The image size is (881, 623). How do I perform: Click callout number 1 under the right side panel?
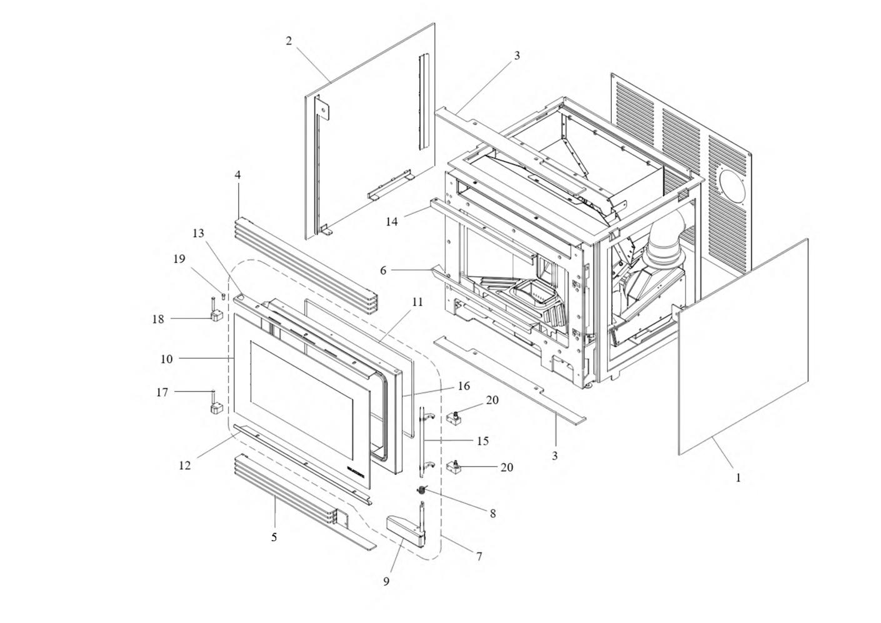[x=738, y=478]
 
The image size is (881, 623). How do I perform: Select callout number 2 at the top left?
[x=289, y=41]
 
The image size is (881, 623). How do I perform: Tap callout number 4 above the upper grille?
[x=237, y=176]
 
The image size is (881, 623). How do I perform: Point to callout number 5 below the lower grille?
[x=274, y=537]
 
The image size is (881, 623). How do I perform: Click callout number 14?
[x=392, y=222]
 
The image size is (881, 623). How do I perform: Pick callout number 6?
[x=383, y=270]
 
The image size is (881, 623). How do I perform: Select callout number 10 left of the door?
[x=166, y=359]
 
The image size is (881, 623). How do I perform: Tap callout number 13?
[x=198, y=234]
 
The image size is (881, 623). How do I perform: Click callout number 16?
[x=463, y=386]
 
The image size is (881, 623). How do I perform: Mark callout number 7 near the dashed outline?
[x=479, y=556]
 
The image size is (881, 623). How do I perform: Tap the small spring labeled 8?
[x=423, y=489]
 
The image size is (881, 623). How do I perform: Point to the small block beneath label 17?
[x=215, y=409]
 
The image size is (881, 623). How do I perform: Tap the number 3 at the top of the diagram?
[x=517, y=56]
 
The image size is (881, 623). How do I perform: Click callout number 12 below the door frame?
[x=185, y=466]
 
